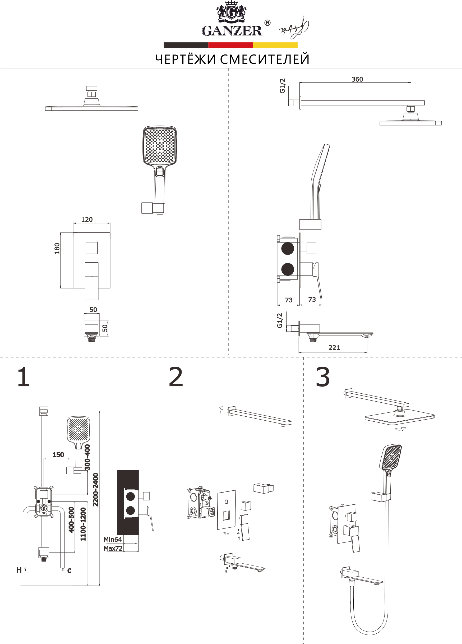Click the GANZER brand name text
(232, 31)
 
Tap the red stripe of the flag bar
(230, 45)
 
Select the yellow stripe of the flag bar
(275, 45)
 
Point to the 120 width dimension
(87, 219)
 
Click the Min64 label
(113, 540)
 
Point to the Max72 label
(113, 548)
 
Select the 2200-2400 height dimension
(96, 490)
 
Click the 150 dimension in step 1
(58, 455)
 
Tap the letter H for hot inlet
(19, 570)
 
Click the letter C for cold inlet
(69, 571)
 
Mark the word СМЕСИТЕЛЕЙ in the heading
(264, 59)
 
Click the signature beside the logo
(294, 28)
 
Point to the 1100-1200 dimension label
(83, 524)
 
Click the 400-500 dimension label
(71, 520)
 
